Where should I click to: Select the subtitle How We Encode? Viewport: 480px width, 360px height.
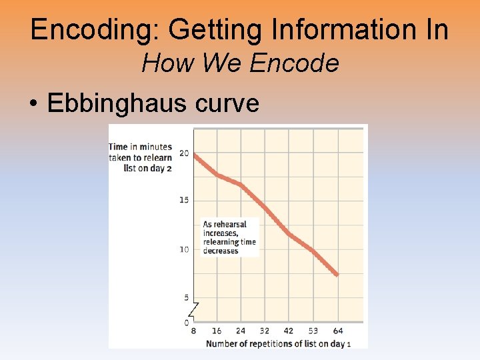click(240, 64)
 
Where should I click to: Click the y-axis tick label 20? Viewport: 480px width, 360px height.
click(184, 153)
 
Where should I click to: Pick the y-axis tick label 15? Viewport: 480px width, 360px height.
click(184, 201)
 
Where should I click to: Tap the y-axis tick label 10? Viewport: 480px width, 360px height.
click(184, 249)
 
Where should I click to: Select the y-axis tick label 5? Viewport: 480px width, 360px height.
click(186, 297)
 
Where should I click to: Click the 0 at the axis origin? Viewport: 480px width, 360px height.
click(187, 323)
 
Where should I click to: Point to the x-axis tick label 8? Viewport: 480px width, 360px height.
click(193, 331)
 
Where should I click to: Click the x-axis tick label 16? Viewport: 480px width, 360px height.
click(217, 331)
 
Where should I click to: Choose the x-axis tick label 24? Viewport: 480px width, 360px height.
click(241, 331)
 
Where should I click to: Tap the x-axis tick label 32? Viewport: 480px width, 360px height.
click(265, 331)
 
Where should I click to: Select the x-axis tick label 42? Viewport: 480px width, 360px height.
click(289, 331)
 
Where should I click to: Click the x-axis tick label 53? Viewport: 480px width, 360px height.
click(314, 331)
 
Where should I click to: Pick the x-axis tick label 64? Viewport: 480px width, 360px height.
click(339, 331)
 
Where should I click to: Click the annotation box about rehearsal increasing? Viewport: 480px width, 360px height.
click(229, 237)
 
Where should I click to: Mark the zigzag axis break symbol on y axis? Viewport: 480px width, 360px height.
click(193, 309)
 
